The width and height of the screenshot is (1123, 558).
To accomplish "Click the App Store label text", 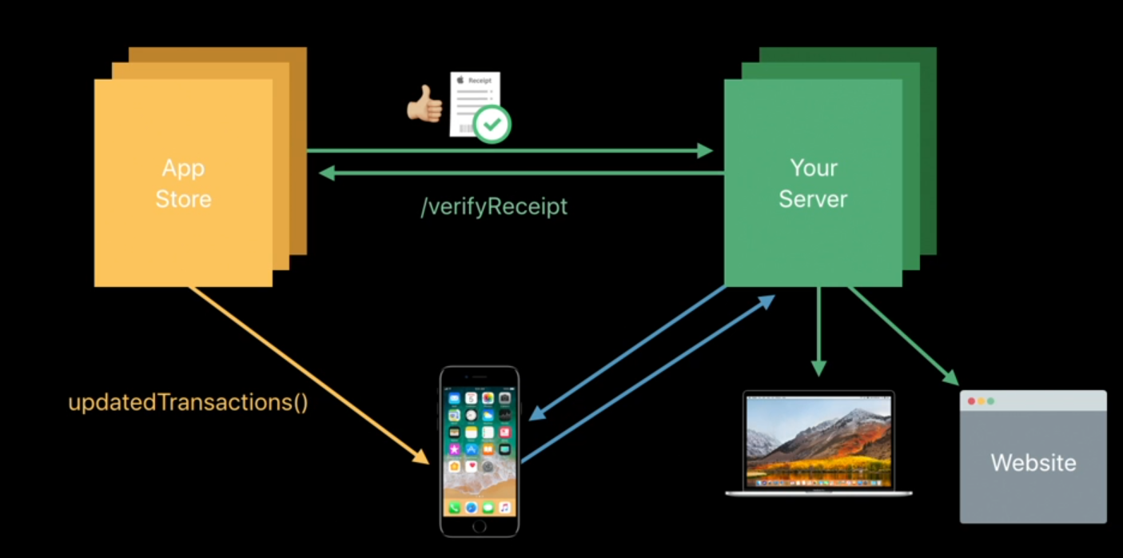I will tap(183, 183).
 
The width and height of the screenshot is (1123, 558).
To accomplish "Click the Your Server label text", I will tap(813, 183).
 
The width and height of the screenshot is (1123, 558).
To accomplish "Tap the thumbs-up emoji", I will tap(424, 105).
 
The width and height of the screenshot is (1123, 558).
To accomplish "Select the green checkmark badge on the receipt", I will tap(492, 124).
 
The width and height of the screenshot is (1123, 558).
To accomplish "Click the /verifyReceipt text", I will tap(494, 206).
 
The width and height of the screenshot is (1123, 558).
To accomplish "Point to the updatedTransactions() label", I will tap(188, 401).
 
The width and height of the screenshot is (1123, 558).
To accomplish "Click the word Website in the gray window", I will tap(1033, 462).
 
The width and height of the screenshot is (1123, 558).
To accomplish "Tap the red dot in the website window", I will tap(972, 401).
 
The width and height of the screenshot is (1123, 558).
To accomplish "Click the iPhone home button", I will tap(479, 526).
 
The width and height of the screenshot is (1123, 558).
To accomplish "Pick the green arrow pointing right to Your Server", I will tap(512, 150).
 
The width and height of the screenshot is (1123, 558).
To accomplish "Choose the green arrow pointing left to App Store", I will tap(520, 173).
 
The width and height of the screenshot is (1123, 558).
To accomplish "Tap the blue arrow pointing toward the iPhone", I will tap(627, 353).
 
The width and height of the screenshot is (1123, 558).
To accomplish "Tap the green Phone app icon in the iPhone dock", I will tap(455, 507).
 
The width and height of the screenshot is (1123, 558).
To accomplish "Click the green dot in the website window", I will tap(991, 401).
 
